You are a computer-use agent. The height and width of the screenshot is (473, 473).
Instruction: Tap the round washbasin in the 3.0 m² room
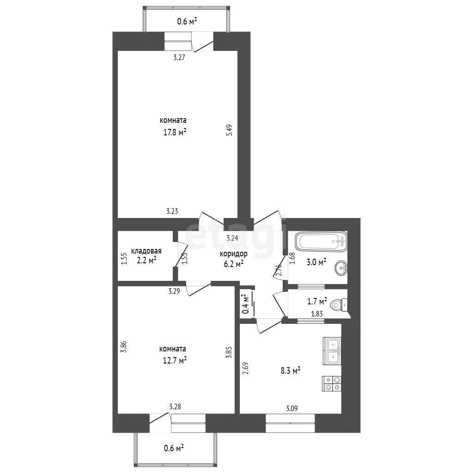coord(341,268)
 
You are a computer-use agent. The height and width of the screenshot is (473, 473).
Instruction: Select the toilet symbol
coord(339,305)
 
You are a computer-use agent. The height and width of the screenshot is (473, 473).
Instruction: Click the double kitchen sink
coord(332,351)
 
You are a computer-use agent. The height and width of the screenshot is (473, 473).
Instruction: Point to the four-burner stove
coord(332,384)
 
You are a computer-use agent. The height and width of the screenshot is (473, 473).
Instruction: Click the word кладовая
coord(146,251)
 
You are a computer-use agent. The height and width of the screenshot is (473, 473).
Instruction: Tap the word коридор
coord(233,254)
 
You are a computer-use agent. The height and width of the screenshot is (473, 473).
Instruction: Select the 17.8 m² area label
coord(175,132)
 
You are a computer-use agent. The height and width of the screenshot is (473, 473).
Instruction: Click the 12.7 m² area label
coord(175,360)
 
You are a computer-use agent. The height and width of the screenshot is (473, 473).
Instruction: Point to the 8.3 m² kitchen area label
coord(291,370)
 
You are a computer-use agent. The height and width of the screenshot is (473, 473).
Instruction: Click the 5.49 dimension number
coord(230,131)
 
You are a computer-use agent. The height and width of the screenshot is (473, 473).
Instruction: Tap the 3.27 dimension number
coord(179,57)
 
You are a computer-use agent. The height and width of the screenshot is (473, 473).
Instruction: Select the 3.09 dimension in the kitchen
coord(292,408)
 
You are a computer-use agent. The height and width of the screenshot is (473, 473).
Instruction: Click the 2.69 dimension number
coord(245,369)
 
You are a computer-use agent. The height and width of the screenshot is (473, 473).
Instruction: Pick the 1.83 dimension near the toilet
coord(317,314)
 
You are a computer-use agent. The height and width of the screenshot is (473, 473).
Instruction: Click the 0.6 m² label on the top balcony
coord(187,21)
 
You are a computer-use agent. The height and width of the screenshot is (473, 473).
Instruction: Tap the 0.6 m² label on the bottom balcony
coord(174,448)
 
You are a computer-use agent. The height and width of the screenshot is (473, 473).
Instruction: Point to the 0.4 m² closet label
coord(246,304)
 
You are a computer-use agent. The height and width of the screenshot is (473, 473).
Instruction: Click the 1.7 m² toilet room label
coord(317,301)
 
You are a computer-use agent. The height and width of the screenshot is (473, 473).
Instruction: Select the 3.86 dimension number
coord(123,347)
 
